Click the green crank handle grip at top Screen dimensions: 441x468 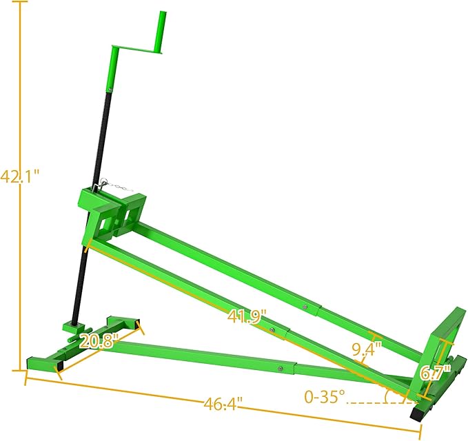click(163, 31)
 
